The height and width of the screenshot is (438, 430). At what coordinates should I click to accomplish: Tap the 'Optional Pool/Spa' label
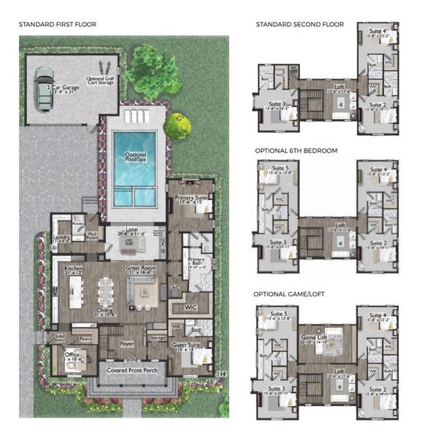(x=135, y=158)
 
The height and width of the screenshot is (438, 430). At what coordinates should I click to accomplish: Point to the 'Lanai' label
(x=136, y=231)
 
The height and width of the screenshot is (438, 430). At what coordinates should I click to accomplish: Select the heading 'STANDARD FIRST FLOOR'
(x=57, y=25)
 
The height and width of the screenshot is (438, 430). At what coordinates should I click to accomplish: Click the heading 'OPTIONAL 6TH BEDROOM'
(x=296, y=150)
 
